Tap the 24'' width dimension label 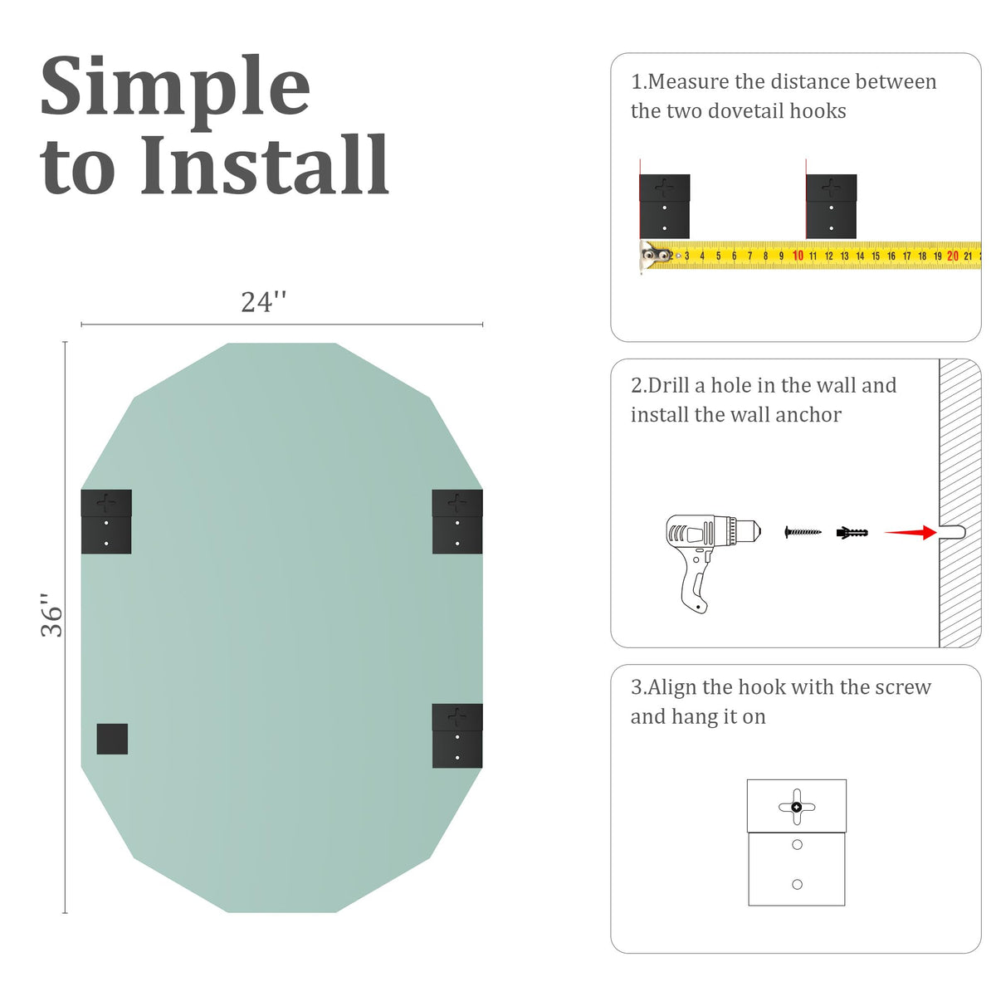coord(263,302)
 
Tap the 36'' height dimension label coord(51,614)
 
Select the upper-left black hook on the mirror coord(106,521)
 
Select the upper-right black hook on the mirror coord(456,521)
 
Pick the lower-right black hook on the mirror coord(456,735)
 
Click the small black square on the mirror coord(112,739)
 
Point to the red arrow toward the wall coord(911,532)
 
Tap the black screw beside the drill coord(802,532)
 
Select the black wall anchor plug coord(852,532)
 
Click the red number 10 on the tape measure coord(798,256)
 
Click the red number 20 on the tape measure coord(953,256)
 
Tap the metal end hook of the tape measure coord(655,256)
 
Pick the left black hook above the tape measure coord(664,206)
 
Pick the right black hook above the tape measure coord(831,206)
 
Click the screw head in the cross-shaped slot coord(796,807)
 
